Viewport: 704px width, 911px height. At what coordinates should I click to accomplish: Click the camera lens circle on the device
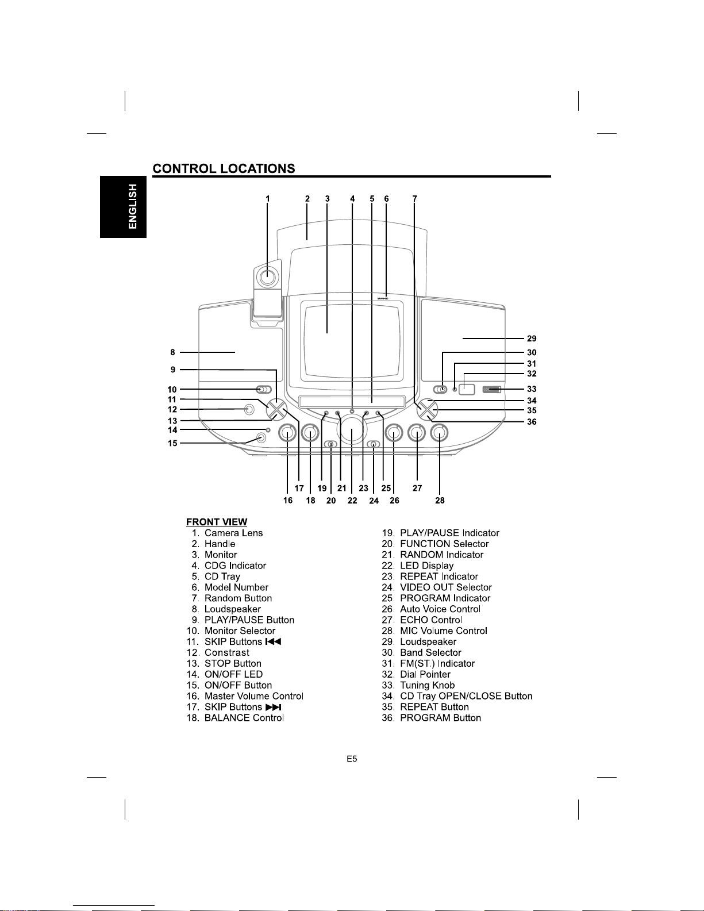tap(268, 276)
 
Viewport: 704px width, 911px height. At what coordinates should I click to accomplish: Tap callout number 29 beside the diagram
tap(532, 339)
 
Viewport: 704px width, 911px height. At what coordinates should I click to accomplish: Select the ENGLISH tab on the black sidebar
tap(123, 207)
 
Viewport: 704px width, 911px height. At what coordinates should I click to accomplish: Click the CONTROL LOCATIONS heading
tap(224, 168)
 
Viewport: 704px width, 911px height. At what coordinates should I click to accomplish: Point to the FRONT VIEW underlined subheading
tap(217, 522)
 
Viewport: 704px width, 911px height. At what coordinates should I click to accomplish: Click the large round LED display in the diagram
tap(352, 430)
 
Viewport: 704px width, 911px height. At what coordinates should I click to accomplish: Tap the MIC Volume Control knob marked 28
tap(438, 433)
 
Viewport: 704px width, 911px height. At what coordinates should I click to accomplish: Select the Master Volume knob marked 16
tap(287, 433)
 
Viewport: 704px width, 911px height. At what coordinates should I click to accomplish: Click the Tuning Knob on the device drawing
tap(491, 390)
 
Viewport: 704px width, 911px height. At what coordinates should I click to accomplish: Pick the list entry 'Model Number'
tap(236, 587)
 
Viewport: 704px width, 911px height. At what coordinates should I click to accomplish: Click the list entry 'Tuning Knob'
tap(428, 685)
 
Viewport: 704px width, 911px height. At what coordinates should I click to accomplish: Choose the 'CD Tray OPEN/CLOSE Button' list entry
tap(466, 696)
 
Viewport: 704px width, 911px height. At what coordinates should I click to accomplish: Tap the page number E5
tap(352, 759)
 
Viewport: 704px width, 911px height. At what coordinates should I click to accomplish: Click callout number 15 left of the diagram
tap(172, 443)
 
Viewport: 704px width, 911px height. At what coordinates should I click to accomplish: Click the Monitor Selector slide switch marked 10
tap(264, 390)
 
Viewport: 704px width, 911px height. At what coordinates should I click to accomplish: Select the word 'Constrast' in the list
tap(226, 652)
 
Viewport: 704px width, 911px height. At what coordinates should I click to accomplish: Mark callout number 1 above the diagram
tap(267, 199)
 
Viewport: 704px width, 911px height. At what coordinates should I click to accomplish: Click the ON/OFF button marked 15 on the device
tap(261, 438)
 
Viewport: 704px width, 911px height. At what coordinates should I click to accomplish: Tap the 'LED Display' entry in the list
tap(426, 566)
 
